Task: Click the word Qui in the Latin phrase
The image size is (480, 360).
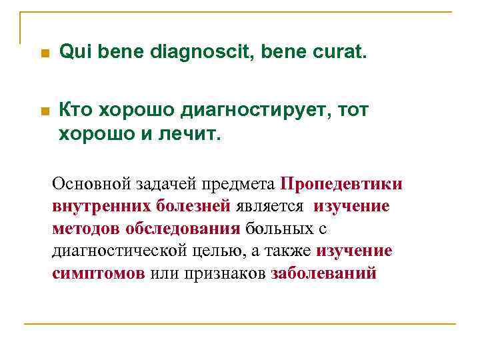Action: pos(73,52)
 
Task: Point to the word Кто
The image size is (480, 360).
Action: pos(76,110)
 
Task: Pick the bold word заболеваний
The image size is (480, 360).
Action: pos(323,274)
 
